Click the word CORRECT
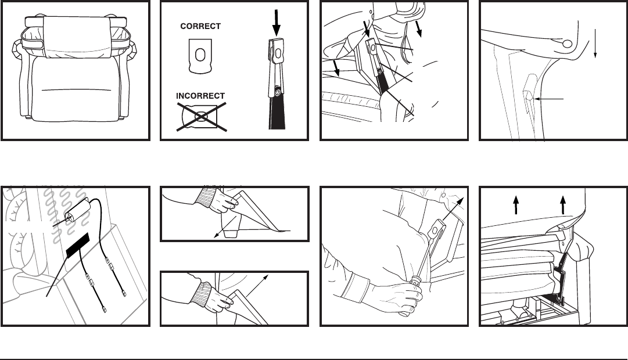[x=200, y=27]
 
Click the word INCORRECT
[x=200, y=96]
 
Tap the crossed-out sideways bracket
[x=200, y=117]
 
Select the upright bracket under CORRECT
[x=200, y=56]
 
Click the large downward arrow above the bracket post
[x=277, y=23]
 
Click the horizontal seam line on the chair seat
[x=76, y=90]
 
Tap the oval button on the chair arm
[x=567, y=44]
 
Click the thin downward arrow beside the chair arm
[x=595, y=44]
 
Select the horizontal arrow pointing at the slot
[x=548, y=99]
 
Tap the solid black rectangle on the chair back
[x=78, y=245]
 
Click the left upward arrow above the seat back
[x=516, y=204]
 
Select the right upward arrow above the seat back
[x=563, y=204]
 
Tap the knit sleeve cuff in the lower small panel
[x=202, y=294]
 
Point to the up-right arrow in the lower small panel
[x=256, y=286]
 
